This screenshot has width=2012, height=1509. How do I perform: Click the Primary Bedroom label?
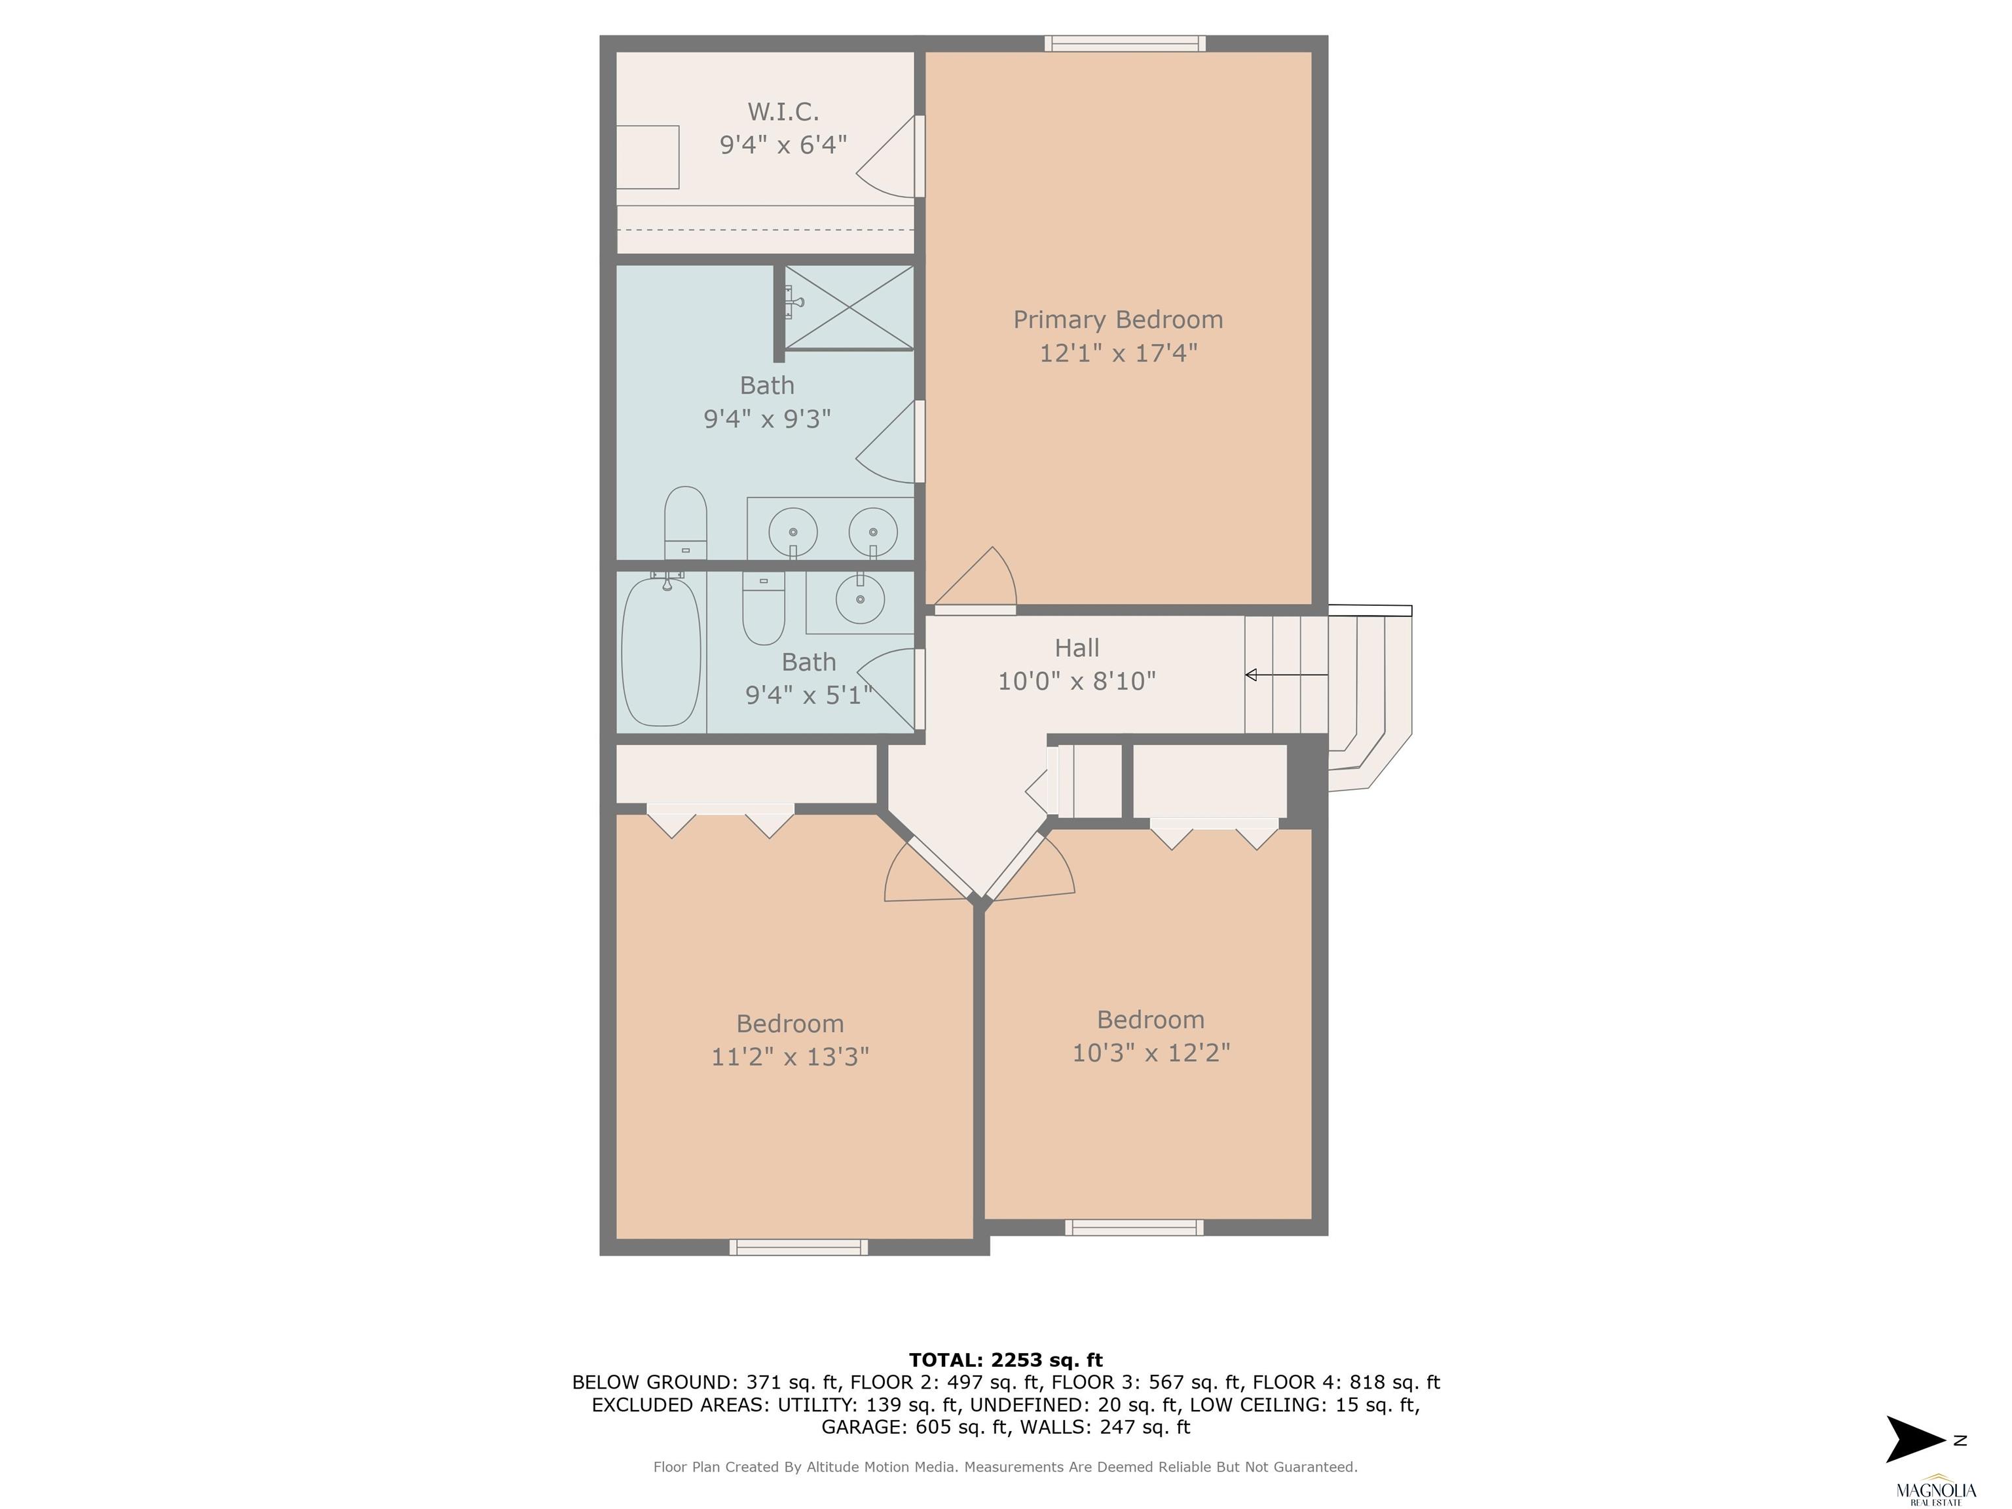(1118, 320)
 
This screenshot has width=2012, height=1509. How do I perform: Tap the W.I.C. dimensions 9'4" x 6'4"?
(783, 145)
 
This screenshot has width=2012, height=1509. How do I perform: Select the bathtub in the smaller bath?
(661, 651)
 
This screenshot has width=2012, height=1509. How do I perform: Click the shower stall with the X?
(849, 307)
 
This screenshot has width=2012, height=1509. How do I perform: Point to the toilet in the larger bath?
(686, 523)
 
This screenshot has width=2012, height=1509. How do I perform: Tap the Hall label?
(1077, 648)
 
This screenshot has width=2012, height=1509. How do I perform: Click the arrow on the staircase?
(1286, 675)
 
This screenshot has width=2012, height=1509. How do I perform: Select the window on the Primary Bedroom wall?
(1125, 44)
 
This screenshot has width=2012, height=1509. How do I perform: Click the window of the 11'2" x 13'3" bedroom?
(798, 1247)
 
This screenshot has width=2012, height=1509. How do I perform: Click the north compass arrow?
(1916, 1440)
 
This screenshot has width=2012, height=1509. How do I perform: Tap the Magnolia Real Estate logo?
(1935, 1489)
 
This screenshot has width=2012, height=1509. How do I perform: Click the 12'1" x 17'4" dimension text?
(1119, 353)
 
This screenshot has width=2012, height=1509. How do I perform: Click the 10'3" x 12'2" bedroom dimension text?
(1151, 1053)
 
